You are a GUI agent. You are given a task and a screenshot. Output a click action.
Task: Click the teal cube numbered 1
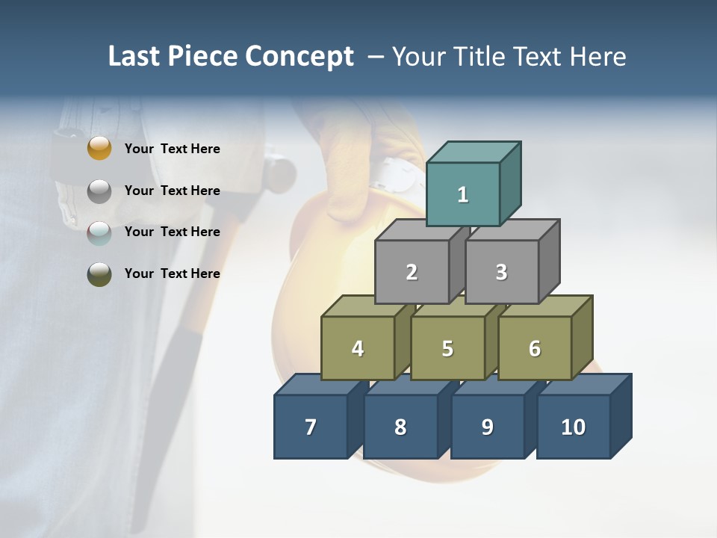coord(463,194)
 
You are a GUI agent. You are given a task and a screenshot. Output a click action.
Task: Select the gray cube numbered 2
coord(412,272)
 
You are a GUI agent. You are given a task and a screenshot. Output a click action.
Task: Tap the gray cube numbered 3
coord(501,272)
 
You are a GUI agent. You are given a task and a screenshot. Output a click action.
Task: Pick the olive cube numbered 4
coord(358,348)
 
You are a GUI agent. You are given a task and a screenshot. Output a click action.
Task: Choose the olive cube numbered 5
coord(447,348)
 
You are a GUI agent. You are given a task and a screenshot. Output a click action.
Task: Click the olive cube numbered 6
coord(535,348)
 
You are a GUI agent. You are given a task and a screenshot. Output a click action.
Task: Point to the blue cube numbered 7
coord(311,427)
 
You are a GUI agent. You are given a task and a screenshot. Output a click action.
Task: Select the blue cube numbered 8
coord(400,427)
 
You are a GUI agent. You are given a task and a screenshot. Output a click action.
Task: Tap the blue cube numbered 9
coord(487,427)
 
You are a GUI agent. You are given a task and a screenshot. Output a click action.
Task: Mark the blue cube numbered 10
coord(574,427)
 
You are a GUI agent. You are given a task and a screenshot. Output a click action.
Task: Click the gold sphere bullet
coord(99,149)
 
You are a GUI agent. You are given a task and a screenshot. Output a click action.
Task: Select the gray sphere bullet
coord(99,191)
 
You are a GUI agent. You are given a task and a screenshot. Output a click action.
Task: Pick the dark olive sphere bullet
coord(99,274)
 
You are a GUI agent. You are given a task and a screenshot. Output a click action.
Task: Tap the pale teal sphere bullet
coord(99,233)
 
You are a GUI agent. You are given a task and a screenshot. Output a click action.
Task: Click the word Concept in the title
coord(299,57)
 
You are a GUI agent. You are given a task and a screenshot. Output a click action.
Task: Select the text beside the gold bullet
coord(172,149)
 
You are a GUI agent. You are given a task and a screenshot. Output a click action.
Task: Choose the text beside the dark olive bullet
coord(172,273)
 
